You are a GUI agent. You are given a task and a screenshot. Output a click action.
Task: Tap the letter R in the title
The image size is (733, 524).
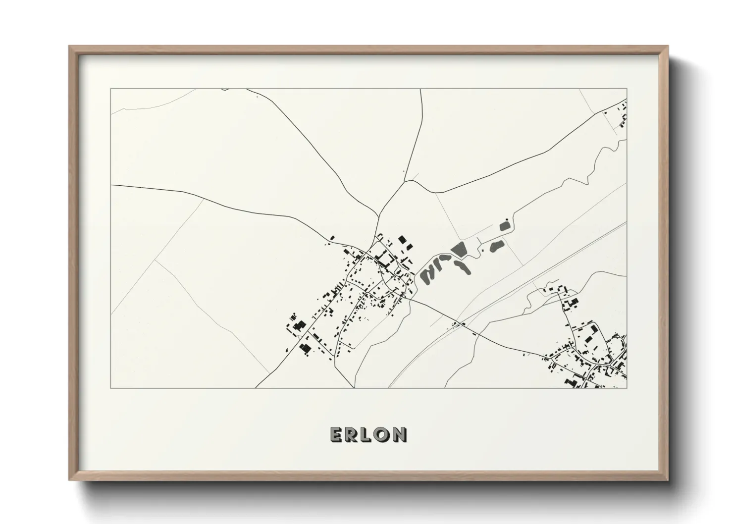[351, 435]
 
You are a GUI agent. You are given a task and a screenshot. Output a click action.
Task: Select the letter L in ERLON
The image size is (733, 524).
[366, 435]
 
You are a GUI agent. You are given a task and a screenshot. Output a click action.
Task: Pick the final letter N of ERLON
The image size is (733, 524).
[399, 435]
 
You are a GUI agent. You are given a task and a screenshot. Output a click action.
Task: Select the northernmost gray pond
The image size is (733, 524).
[505, 226]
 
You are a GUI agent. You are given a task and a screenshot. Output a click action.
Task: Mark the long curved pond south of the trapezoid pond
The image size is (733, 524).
[463, 266]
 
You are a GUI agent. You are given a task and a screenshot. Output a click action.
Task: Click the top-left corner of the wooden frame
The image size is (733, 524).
[69, 46]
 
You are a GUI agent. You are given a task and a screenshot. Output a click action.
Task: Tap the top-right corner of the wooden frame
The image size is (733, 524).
[668, 46]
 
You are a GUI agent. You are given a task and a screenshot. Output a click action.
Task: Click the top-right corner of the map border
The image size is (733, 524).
[627, 89]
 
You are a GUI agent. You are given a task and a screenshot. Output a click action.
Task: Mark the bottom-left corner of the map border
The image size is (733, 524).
[110, 388]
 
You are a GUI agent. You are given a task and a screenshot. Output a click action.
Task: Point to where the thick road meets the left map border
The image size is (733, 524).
[111, 185]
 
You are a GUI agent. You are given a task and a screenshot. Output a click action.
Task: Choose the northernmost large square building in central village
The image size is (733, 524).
[402, 239]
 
